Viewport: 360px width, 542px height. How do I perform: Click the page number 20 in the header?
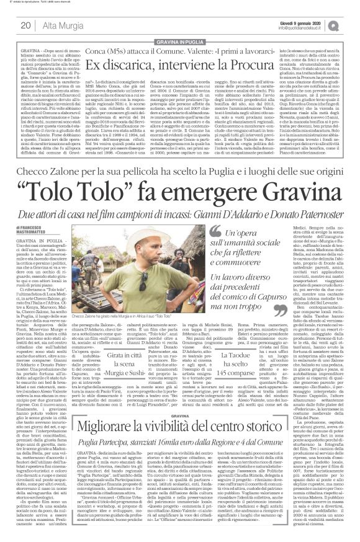(x=25, y=25)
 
